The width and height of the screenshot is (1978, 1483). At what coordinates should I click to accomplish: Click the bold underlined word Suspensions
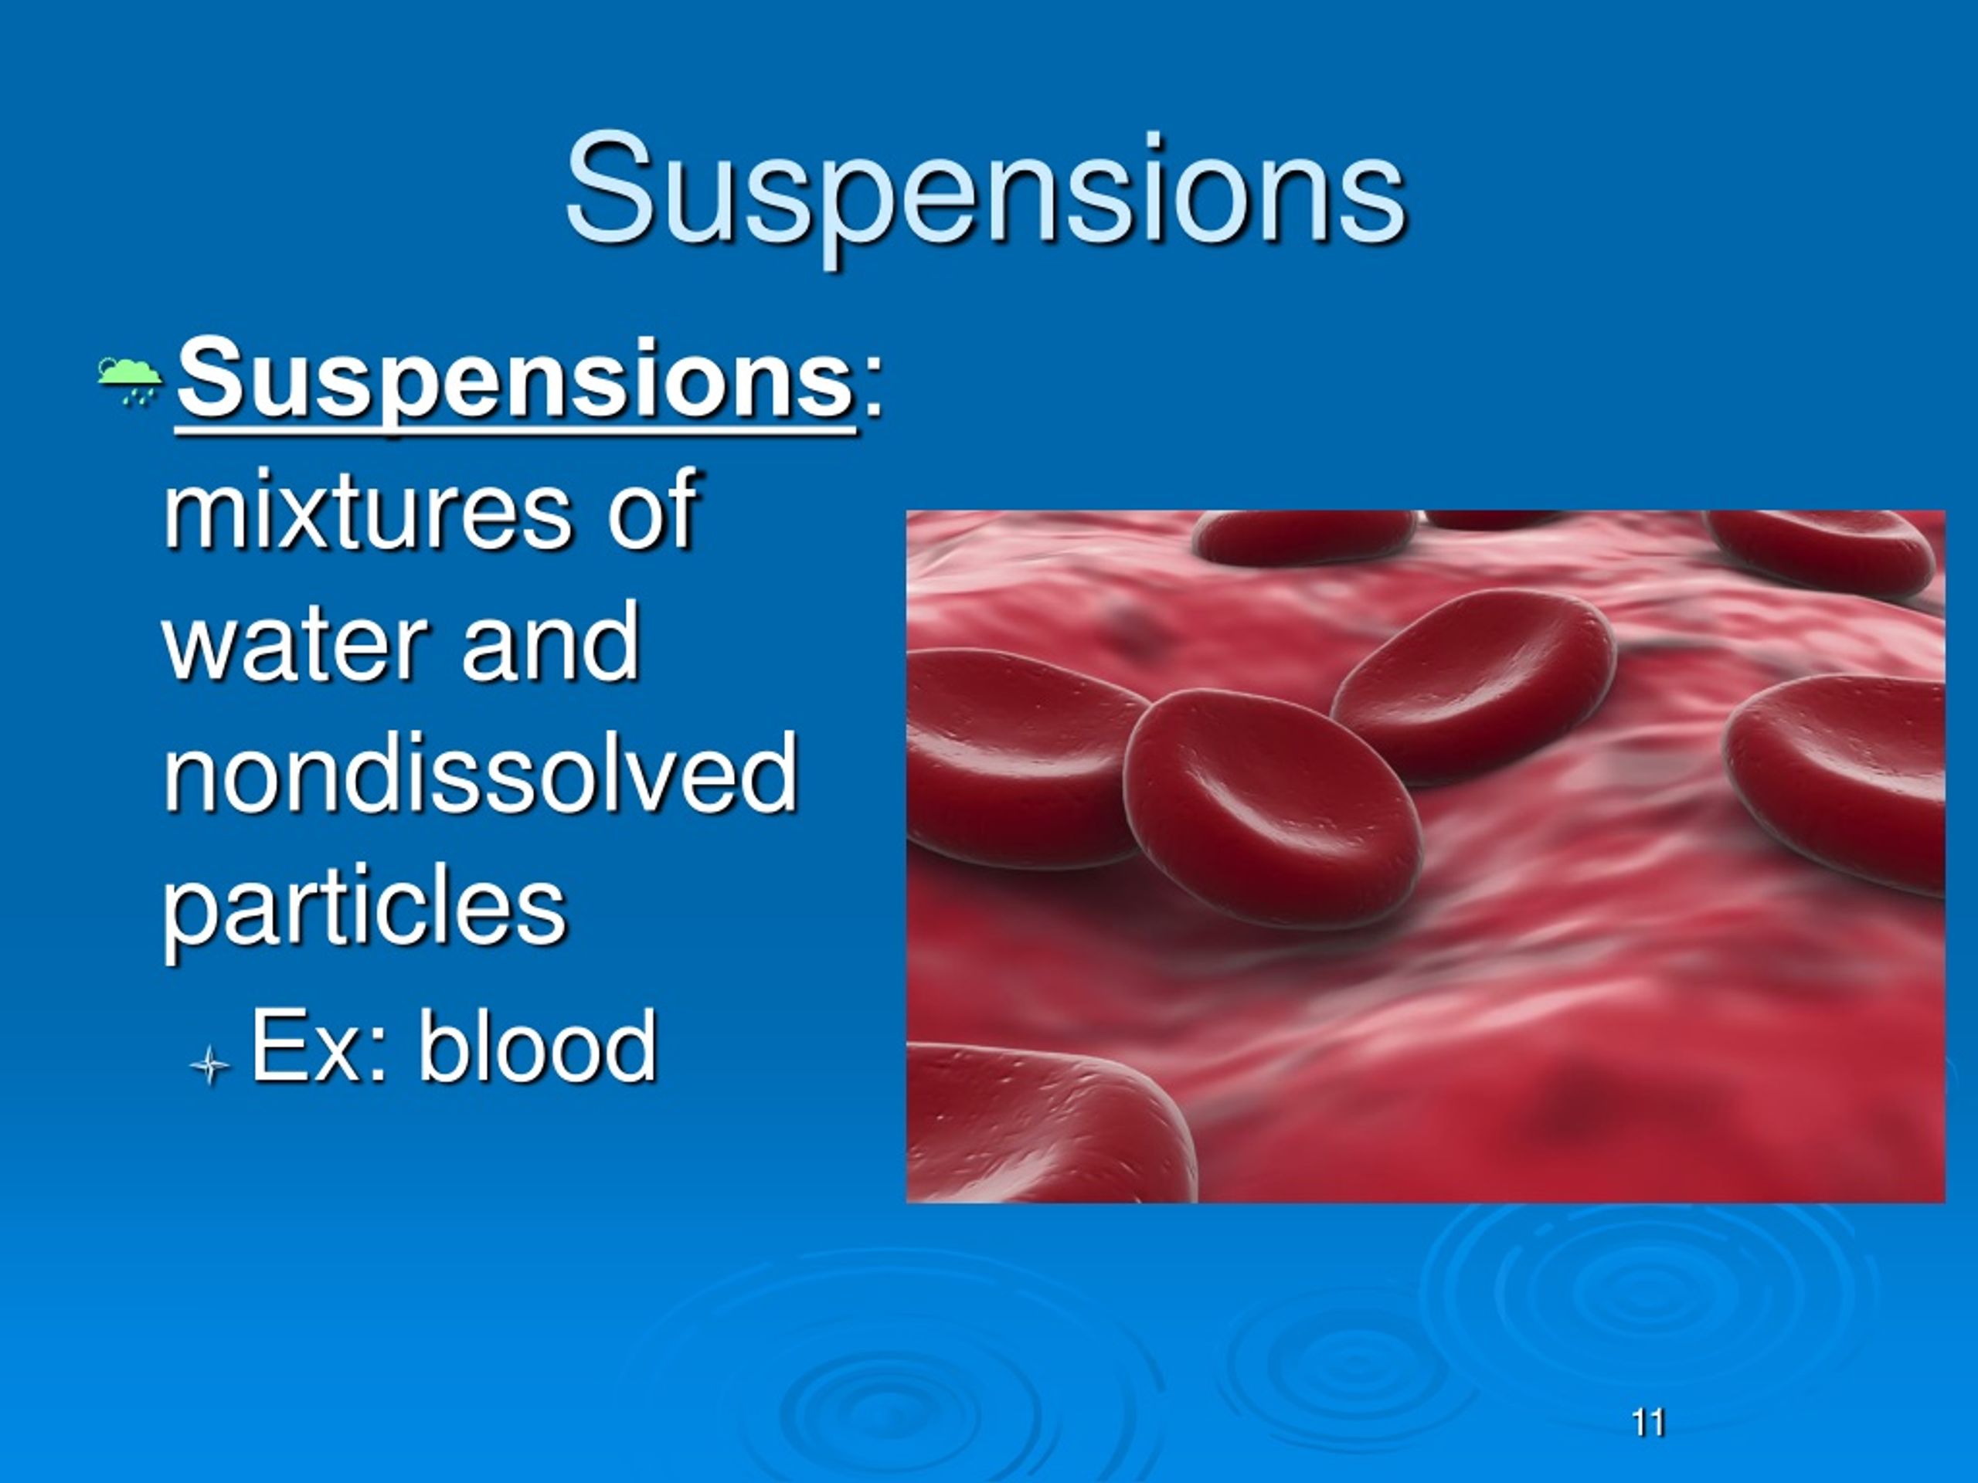(516, 382)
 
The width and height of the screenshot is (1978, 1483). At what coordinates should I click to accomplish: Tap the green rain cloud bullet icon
(130, 381)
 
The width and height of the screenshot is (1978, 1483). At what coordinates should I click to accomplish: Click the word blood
(539, 1045)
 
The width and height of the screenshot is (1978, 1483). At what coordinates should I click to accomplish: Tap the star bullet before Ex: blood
(210, 1064)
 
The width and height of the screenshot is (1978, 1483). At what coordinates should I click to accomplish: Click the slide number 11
(1648, 1422)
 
